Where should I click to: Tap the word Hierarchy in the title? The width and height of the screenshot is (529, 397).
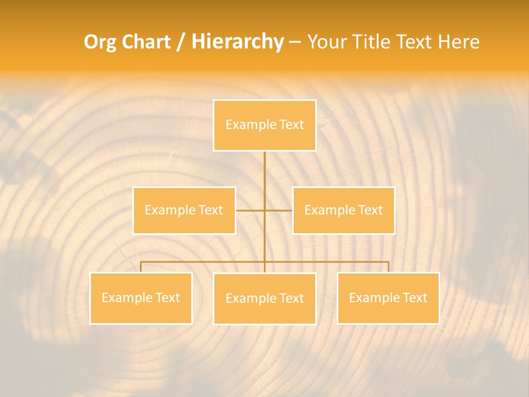(237, 42)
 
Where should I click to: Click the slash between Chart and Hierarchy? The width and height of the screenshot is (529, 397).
(181, 42)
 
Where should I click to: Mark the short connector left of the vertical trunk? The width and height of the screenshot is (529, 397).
(250, 210)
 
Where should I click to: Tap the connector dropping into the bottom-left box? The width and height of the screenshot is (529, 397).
(141, 267)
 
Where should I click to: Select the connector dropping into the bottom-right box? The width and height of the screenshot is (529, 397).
(388, 267)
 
